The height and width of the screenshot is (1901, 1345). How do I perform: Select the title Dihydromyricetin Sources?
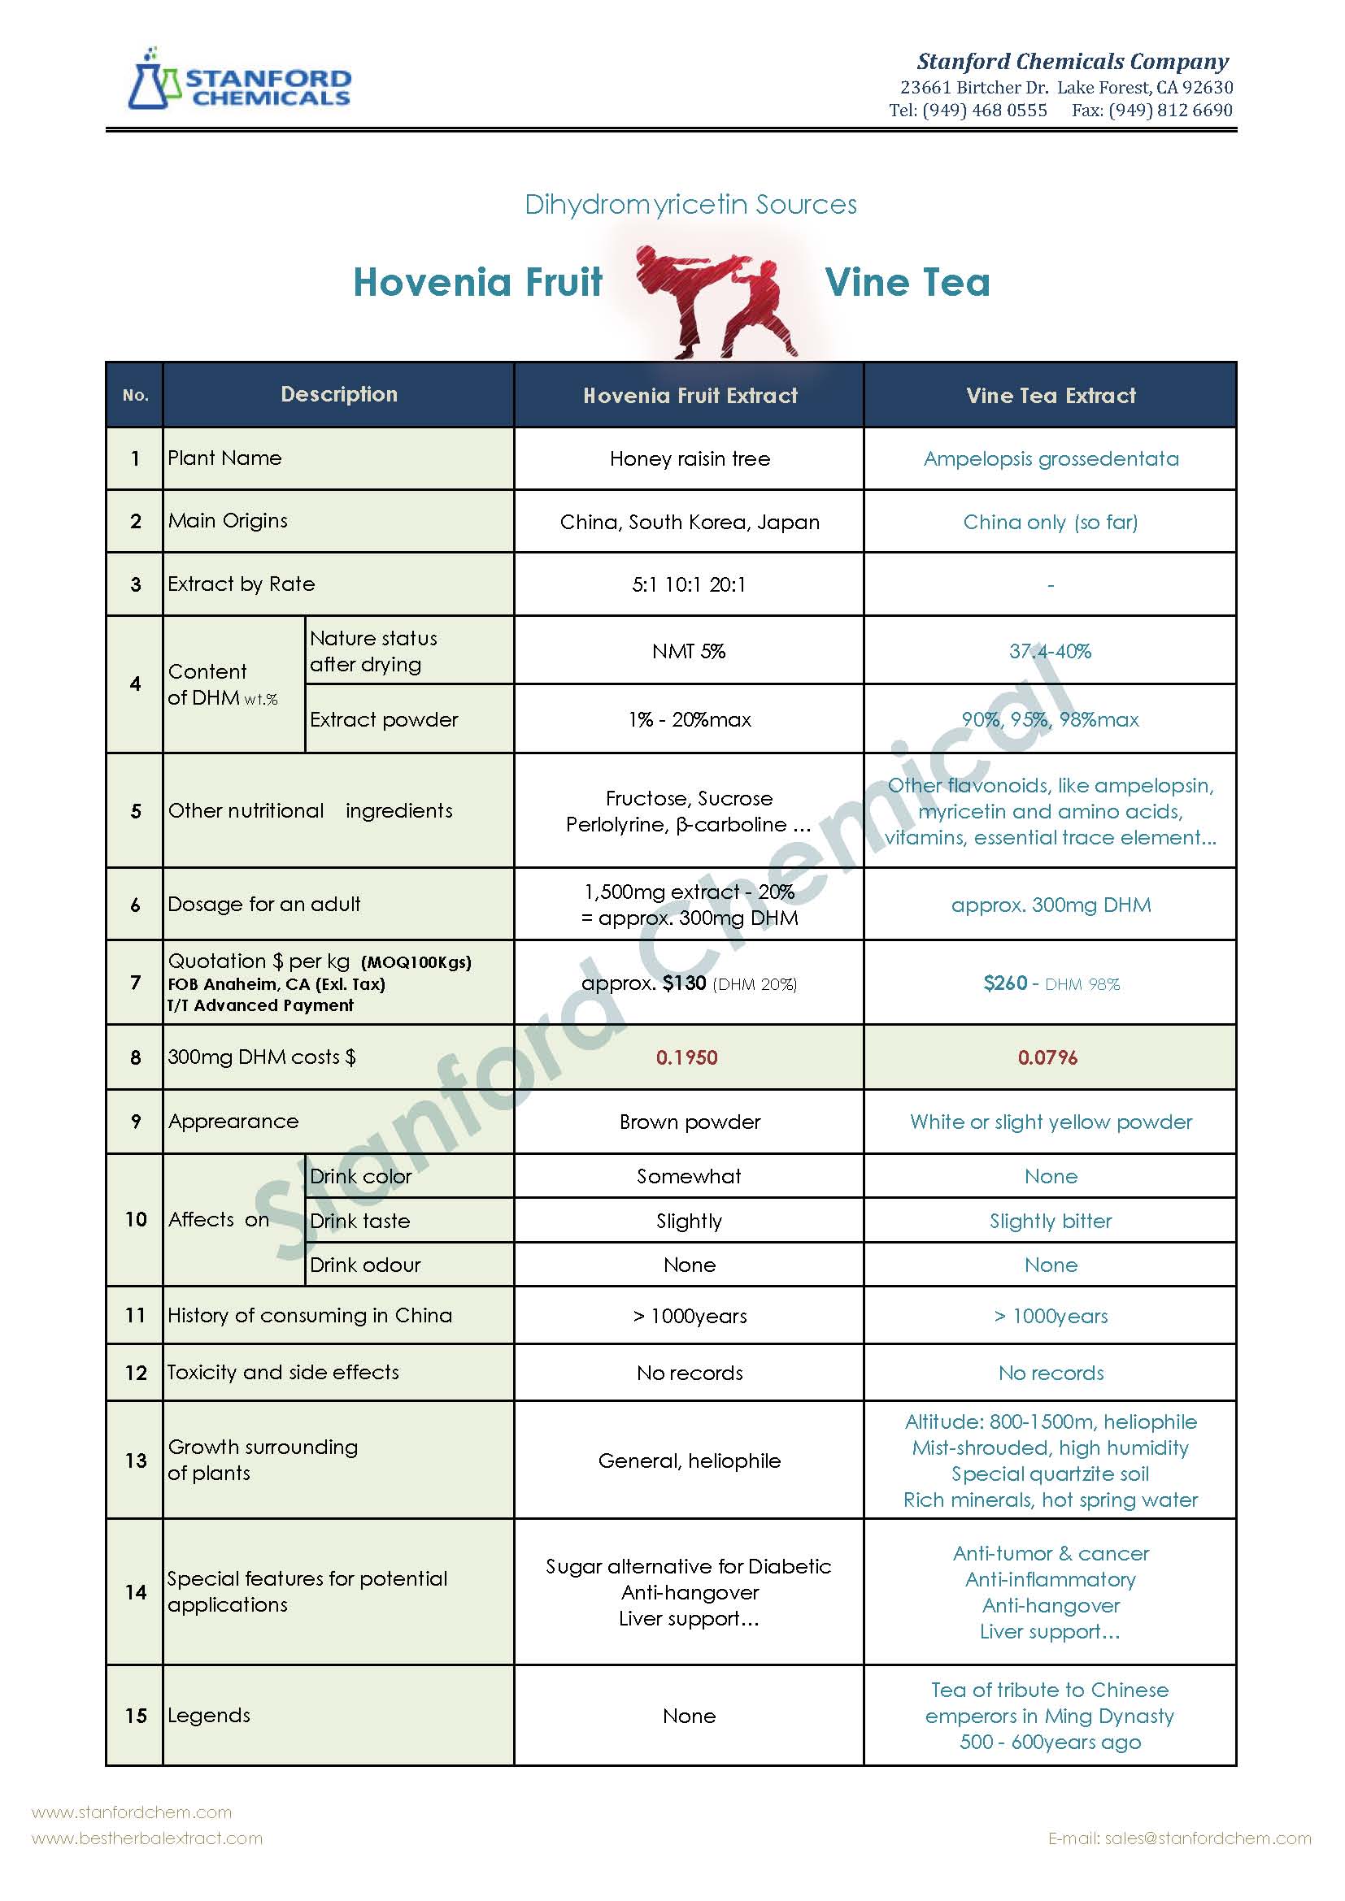(x=690, y=205)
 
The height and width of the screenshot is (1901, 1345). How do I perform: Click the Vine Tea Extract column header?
(x=1050, y=396)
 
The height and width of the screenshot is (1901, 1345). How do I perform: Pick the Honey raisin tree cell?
(x=689, y=458)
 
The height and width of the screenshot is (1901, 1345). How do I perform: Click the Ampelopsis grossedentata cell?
(x=1050, y=458)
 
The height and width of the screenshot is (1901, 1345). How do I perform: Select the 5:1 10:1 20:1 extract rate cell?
(x=688, y=584)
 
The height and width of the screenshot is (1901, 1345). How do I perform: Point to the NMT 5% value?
(x=688, y=652)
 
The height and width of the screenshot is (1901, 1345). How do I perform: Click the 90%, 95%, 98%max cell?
(x=1050, y=719)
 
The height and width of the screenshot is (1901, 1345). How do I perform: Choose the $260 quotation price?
(x=1004, y=983)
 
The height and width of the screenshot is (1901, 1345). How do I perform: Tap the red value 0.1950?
(x=686, y=1057)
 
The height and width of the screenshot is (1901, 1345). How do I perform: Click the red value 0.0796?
(x=1047, y=1057)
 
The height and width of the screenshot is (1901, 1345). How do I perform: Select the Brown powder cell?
(x=689, y=1122)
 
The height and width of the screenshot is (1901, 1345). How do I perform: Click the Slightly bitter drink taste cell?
(x=1050, y=1222)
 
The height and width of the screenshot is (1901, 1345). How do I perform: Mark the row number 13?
(x=136, y=1460)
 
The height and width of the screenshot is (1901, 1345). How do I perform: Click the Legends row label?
(x=209, y=1716)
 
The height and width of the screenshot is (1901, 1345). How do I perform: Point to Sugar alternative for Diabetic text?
(x=688, y=1566)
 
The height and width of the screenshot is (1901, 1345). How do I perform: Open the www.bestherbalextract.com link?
(x=146, y=1838)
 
